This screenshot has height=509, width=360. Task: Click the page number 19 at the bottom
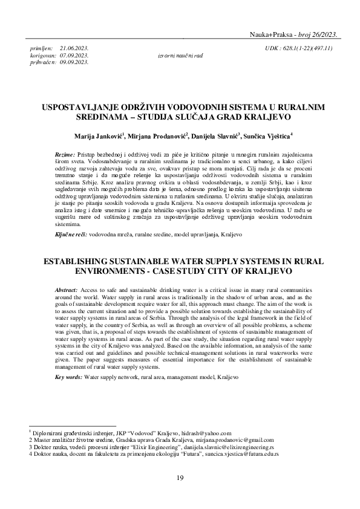(180, 479)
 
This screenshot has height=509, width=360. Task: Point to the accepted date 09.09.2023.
(74, 62)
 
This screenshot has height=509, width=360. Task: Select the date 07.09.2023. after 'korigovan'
(74, 54)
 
